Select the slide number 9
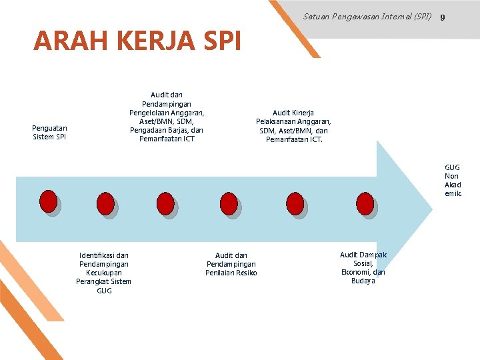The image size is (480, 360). pos(443,16)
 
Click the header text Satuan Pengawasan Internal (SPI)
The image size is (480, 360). pos(367,16)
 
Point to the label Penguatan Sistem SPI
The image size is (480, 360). pos(49,132)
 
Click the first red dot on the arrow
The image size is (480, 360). pos(48,201)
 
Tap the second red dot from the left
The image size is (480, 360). pos(105,203)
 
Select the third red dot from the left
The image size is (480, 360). pos(165,202)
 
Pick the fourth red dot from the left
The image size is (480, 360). pos(229,203)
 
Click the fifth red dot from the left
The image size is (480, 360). pos(295,203)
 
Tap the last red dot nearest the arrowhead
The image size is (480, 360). pos(365,203)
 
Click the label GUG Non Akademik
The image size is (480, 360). pos(453,180)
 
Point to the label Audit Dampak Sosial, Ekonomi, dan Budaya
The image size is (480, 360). pos(363,267)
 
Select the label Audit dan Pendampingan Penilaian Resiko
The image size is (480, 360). pos(231,264)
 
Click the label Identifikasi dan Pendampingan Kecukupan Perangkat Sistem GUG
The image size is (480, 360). pos(104,273)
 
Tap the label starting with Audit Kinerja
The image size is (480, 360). pos(293,126)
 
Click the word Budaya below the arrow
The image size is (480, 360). pos(363,281)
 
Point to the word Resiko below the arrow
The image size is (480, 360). pos(245,273)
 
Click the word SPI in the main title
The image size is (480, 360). pos(217,41)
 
